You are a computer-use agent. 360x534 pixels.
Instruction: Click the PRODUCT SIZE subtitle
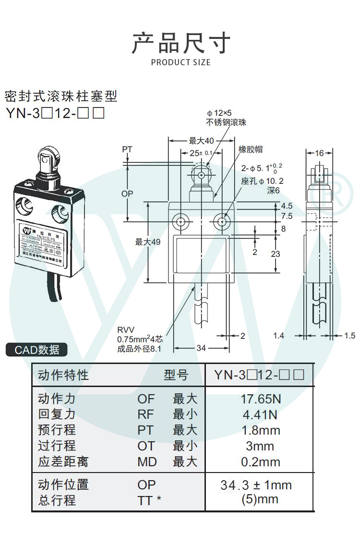180,62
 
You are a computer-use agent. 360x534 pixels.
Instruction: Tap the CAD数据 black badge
36,350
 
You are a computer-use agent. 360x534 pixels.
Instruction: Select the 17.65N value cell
260,399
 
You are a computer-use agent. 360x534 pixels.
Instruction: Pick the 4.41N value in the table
260,414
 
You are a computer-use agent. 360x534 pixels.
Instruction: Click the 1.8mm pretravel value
260,430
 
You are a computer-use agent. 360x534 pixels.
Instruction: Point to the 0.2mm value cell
260,462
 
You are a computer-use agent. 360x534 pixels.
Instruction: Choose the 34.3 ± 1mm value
256,485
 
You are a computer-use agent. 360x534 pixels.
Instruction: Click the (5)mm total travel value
260,499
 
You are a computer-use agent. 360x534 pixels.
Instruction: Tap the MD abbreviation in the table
147,462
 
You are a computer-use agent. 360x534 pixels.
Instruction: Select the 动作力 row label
57,399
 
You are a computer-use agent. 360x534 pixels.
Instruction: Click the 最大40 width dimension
201,141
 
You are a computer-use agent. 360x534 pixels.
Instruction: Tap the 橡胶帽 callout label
251,150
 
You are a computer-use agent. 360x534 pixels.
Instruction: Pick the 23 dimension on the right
275,254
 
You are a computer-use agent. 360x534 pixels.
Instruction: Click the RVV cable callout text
126,330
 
